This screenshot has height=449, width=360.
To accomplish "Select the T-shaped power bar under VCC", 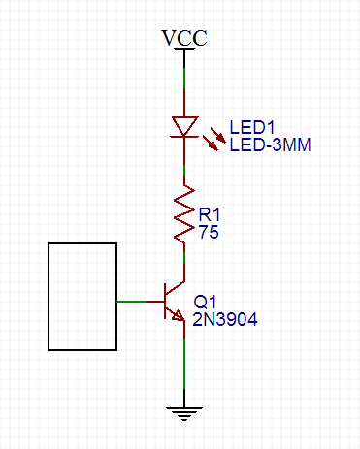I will click(x=184, y=52).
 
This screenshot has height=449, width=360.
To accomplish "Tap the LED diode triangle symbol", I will click(x=184, y=126).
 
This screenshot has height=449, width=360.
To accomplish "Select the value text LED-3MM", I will click(x=276, y=145).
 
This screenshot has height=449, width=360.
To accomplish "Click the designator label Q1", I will click(x=205, y=302).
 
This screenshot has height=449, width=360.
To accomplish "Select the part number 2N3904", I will click(x=225, y=318).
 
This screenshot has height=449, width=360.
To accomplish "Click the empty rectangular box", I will click(x=82, y=296).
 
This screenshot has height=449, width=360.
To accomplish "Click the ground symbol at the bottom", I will click(x=184, y=411).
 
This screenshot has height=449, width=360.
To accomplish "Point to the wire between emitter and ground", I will click(x=184, y=364).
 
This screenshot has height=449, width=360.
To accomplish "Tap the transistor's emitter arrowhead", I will click(x=180, y=317).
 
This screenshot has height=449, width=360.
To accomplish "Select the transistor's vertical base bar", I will click(x=165, y=302).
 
